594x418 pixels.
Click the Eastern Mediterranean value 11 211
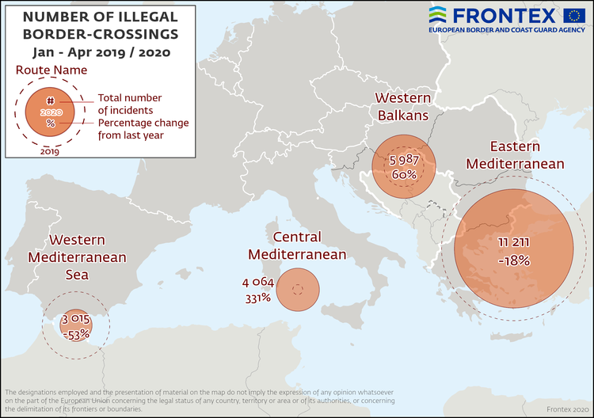coord(514,241)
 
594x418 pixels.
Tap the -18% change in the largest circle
coord(514,260)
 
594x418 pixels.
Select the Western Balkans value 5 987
coord(403,159)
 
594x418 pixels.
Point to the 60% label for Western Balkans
coord(403,175)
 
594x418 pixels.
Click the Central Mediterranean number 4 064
coord(256,283)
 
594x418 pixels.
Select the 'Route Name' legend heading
coord(49,70)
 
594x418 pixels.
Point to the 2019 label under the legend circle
coord(49,151)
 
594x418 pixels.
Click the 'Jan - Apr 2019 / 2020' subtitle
coord(100,52)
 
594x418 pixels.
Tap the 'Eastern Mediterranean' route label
coord(515,155)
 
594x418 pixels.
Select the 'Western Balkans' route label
coord(402,106)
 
